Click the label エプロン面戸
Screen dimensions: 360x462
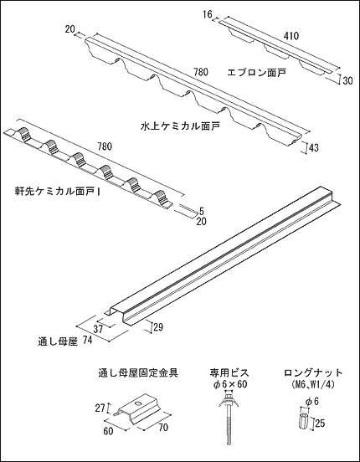pyautogui.click(x=256, y=72)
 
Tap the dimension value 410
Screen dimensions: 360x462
pyautogui.click(x=291, y=36)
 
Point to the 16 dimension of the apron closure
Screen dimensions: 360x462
pyautogui.click(x=208, y=14)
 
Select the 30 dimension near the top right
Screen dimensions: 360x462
pyautogui.click(x=348, y=80)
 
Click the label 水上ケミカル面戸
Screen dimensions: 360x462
pyautogui.click(x=180, y=126)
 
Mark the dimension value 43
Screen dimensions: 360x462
pyautogui.click(x=313, y=147)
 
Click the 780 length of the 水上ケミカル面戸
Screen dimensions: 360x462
pyautogui.click(x=200, y=72)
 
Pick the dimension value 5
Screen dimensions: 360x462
pyautogui.click(x=202, y=211)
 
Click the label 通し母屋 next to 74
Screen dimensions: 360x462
pyautogui.click(x=58, y=341)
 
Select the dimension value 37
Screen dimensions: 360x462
pyautogui.click(x=98, y=329)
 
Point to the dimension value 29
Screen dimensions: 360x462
pyautogui.click(x=158, y=327)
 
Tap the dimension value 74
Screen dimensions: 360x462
pyautogui.click(x=87, y=341)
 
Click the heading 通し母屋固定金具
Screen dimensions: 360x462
pyautogui.click(x=138, y=373)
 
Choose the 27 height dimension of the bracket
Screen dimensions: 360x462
pyautogui.click(x=100, y=408)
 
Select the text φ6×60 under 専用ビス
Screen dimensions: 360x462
pyautogui.click(x=230, y=385)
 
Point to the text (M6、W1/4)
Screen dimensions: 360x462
pyautogui.click(x=313, y=384)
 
